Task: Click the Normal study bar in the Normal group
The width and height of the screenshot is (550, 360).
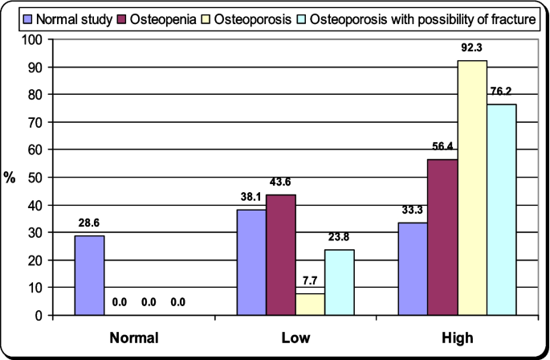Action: tap(89, 275)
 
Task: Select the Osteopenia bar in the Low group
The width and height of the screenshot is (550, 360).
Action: tap(282, 255)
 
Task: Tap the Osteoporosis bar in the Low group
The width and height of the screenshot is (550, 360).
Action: tap(311, 304)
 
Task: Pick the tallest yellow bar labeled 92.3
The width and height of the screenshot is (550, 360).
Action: tap(471, 188)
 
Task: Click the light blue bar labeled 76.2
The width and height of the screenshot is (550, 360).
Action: tap(501, 210)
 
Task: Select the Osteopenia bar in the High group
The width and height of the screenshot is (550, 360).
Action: tap(442, 237)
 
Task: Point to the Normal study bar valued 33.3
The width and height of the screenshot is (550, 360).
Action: tap(414, 268)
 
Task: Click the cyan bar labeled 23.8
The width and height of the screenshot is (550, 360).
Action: tap(340, 282)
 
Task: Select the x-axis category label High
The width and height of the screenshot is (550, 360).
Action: tap(458, 337)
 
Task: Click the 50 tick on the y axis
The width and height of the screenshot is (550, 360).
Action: tap(35, 178)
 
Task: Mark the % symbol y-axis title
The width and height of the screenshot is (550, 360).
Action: tap(10, 178)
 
